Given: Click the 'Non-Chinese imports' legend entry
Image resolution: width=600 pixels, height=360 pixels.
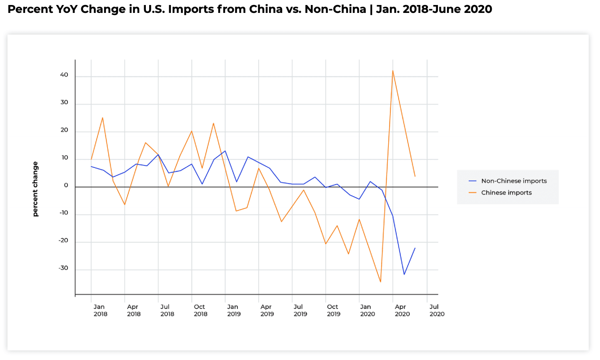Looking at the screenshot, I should [x=513, y=181].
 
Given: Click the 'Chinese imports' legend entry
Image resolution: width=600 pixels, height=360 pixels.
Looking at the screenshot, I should [x=506, y=192].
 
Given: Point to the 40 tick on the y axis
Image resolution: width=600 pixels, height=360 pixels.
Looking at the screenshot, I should [x=64, y=75].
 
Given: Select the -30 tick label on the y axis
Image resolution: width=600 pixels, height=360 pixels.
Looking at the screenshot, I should [x=63, y=268].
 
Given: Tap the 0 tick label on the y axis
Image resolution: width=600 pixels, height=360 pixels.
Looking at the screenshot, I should [x=66, y=185].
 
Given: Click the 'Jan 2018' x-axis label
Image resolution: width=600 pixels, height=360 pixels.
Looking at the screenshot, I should [x=100, y=310].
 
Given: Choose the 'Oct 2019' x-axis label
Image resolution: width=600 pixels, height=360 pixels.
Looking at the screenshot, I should [x=333, y=310].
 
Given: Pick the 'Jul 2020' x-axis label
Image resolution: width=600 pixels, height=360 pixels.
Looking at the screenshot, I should [x=437, y=310].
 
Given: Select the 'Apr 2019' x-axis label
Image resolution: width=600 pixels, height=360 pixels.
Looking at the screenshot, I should [x=267, y=310].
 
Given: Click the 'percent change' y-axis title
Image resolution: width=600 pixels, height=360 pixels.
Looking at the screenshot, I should [x=35, y=189].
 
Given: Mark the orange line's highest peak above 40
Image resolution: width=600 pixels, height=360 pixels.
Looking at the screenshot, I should [x=393, y=70].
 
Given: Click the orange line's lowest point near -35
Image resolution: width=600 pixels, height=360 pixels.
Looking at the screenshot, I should [x=380, y=282].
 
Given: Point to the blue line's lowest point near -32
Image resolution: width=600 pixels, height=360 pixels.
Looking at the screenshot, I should [x=404, y=274].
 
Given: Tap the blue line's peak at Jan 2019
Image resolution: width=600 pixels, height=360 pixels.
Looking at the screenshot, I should [x=225, y=151].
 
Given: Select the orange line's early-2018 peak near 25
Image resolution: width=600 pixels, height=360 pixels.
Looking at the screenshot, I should [x=102, y=117].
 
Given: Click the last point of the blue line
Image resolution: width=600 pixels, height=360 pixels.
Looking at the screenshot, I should [x=415, y=248].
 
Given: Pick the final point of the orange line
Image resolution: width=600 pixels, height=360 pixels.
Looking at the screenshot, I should [x=415, y=176].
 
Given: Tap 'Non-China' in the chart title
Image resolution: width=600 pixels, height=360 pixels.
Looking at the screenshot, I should [x=335, y=9].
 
